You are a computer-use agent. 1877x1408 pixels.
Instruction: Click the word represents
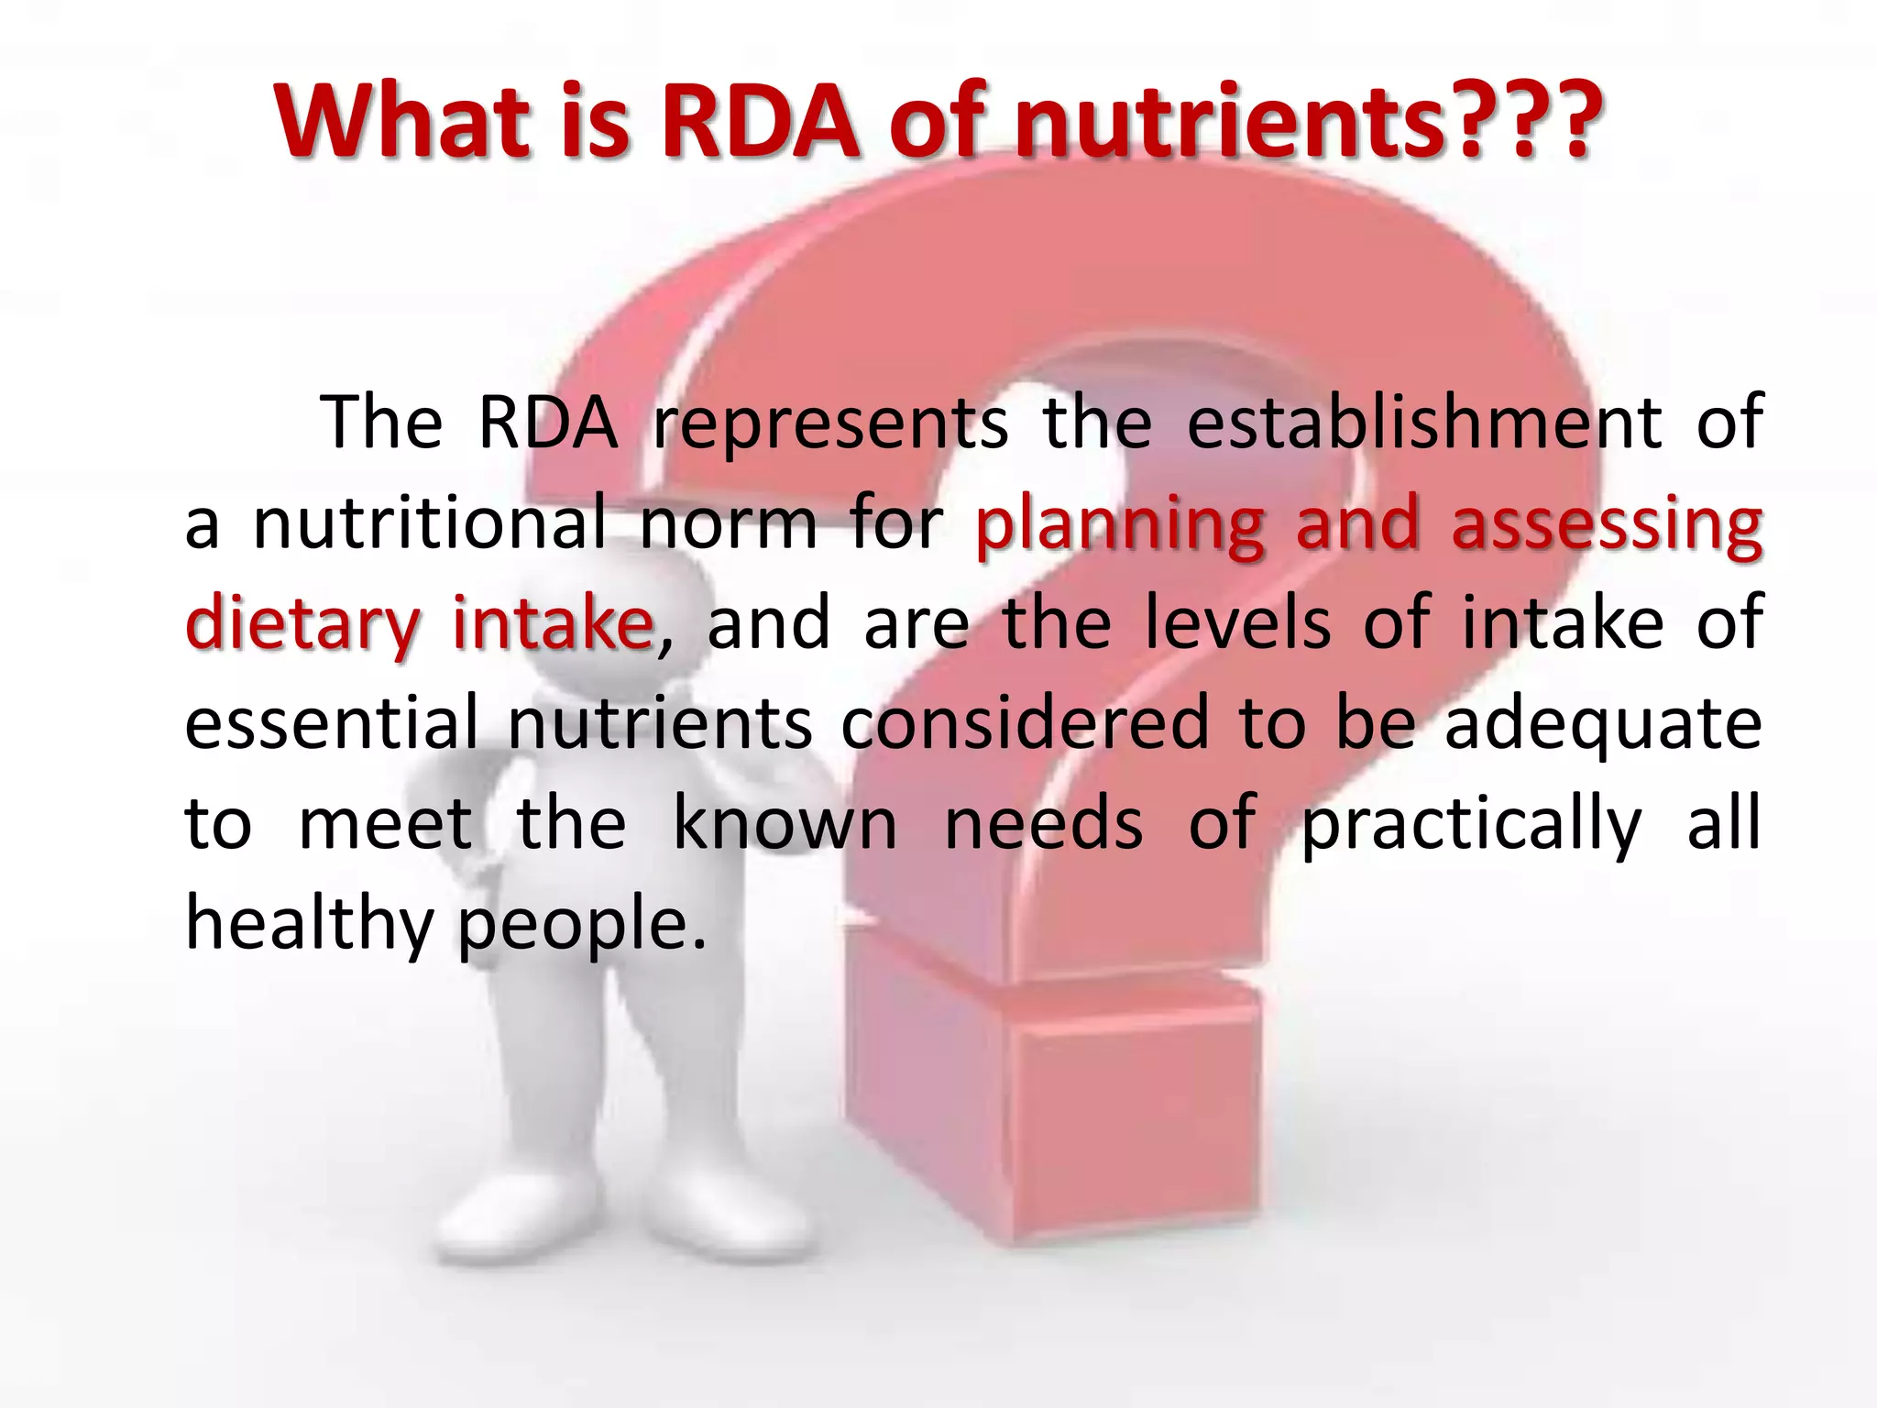pyautogui.click(x=829, y=423)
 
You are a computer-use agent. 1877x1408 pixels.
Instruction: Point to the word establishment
pyautogui.click(x=1424, y=423)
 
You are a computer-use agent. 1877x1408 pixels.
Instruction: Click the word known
pyautogui.click(x=785, y=823)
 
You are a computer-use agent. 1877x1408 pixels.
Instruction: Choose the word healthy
pyautogui.click(x=309, y=924)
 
